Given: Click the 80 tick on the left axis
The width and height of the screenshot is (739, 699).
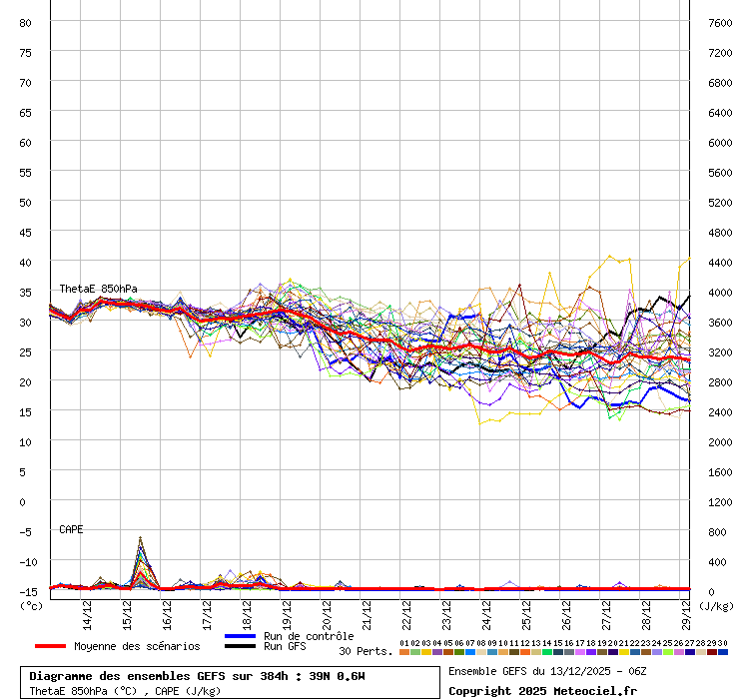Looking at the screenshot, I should tap(25, 22).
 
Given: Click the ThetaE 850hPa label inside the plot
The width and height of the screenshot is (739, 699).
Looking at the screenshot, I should tap(98, 289).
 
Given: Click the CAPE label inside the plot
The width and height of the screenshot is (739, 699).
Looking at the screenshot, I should tap(71, 529).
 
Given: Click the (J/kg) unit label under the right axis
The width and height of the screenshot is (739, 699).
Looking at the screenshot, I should tap(715, 605).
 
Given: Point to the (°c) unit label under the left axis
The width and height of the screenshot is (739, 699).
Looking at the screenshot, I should tap(31, 605).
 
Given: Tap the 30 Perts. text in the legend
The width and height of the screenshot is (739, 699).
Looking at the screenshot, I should tap(366, 651).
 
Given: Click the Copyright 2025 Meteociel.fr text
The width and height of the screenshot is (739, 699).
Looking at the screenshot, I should tap(542, 690).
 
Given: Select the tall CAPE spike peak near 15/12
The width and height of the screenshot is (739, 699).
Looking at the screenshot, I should tap(141, 538).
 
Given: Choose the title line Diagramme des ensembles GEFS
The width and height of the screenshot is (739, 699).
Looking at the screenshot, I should tap(197, 676).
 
